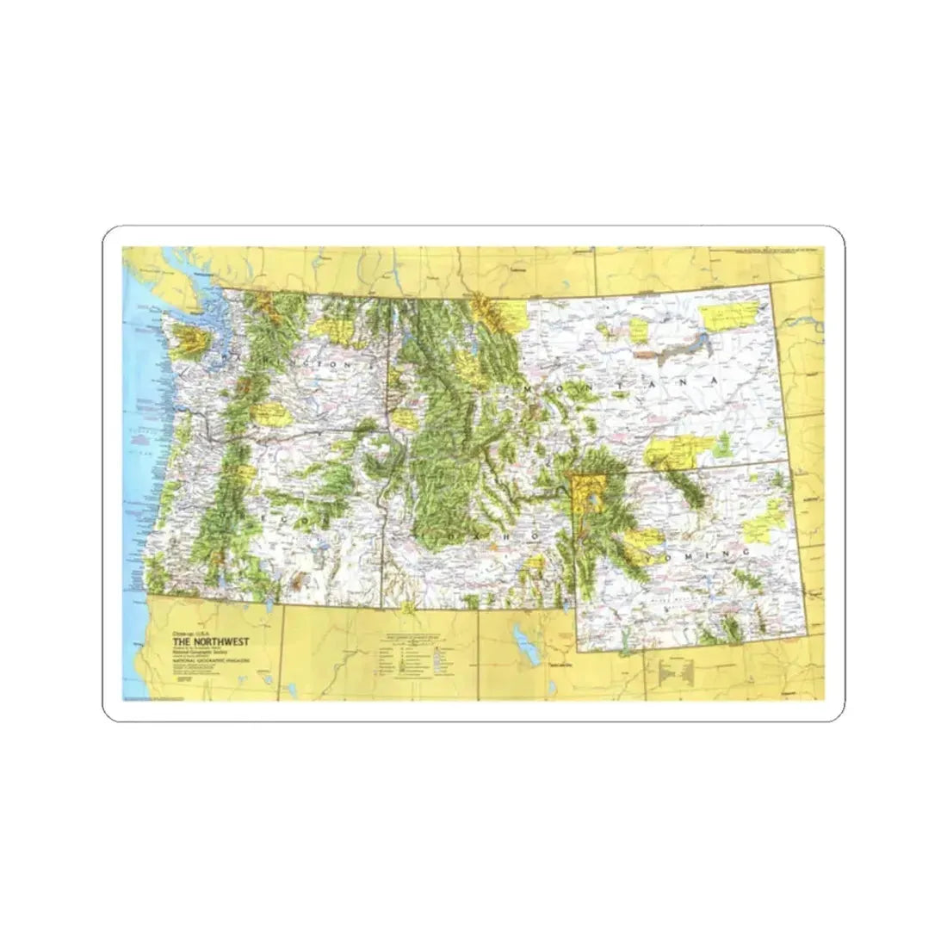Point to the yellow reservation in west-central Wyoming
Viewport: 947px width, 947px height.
[643, 541]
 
